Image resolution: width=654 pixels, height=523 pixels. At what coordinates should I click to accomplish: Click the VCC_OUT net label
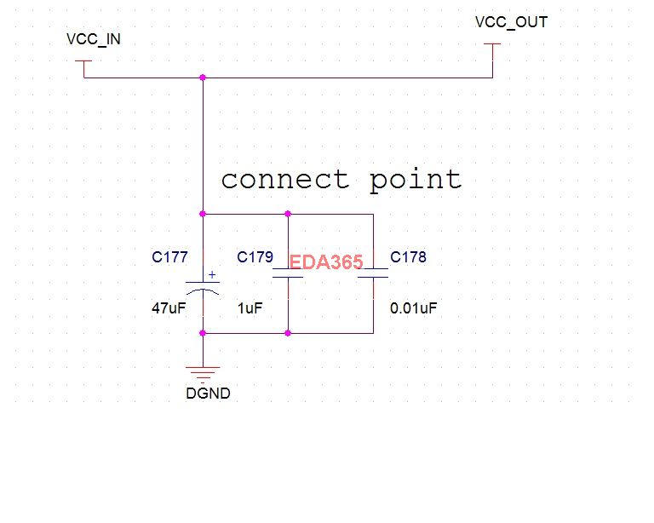pos(511,22)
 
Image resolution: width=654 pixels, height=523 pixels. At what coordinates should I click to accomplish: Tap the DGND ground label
pos(208,394)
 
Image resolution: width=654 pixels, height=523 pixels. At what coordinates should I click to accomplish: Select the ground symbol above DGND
pos(203,371)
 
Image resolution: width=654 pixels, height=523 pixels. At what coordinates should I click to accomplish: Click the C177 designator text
pos(169,256)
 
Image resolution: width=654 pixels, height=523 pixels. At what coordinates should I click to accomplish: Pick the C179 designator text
pos(255,256)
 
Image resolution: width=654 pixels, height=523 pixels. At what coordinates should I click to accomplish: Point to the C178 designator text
pos(408,256)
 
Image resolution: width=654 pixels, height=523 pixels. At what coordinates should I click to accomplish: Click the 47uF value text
pos(169,308)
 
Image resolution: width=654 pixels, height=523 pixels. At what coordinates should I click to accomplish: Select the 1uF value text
pos(250,308)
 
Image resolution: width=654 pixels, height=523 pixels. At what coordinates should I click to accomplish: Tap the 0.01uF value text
pos(413,308)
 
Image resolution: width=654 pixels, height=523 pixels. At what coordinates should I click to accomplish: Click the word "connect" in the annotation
pos(284,180)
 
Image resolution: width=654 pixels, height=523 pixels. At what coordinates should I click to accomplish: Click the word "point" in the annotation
pos(416,180)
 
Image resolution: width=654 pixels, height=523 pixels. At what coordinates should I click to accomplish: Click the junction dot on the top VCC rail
pos(203,78)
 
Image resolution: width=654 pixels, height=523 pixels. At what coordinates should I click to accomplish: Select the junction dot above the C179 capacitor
pos(288,214)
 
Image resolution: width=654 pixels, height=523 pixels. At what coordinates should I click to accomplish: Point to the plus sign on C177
pos(213,276)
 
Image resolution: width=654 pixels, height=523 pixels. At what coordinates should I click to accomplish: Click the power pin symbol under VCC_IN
pos(83,65)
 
